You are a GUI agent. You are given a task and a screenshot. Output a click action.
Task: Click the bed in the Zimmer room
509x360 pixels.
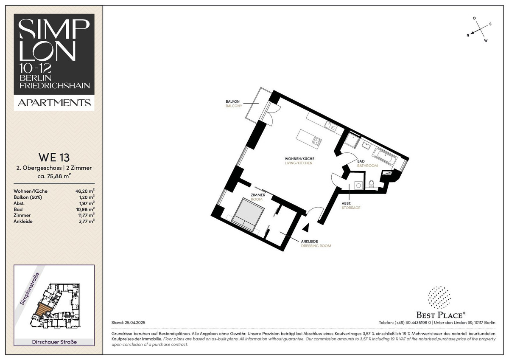(x=248, y=215)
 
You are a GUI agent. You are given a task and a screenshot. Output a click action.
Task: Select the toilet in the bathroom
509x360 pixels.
(x=371, y=183)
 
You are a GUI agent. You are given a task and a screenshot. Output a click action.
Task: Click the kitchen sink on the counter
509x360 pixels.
(x=331, y=127)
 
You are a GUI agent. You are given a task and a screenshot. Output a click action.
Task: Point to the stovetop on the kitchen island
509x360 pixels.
(x=316, y=141)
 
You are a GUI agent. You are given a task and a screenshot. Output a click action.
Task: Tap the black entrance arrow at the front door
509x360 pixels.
(x=306, y=228)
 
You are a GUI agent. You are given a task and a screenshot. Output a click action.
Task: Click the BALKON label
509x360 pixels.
(x=232, y=101)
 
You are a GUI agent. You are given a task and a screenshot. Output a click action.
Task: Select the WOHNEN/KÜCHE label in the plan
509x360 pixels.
(x=299, y=158)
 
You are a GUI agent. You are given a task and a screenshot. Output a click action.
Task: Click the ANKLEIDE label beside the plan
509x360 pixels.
(x=310, y=241)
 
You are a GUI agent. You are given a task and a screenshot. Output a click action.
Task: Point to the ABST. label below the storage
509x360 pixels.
(x=346, y=203)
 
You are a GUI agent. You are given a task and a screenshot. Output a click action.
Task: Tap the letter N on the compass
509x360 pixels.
(x=467, y=35)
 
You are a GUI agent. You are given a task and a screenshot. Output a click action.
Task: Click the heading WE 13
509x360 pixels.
(x=54, y=157)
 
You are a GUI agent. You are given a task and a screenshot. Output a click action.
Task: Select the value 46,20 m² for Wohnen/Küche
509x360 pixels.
(x=85, y=191)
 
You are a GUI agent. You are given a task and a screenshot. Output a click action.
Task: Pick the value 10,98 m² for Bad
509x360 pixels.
(x=85, y=209)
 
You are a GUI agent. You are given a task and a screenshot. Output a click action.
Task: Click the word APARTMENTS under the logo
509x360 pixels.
(x=54, y=103)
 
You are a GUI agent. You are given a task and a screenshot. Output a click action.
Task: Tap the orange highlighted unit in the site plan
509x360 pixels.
(x=43, y=309)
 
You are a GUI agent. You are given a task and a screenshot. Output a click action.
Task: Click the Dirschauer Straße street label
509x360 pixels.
(x=54, y=342)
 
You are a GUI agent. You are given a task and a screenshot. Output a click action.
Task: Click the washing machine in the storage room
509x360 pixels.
(x=358, y=186)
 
